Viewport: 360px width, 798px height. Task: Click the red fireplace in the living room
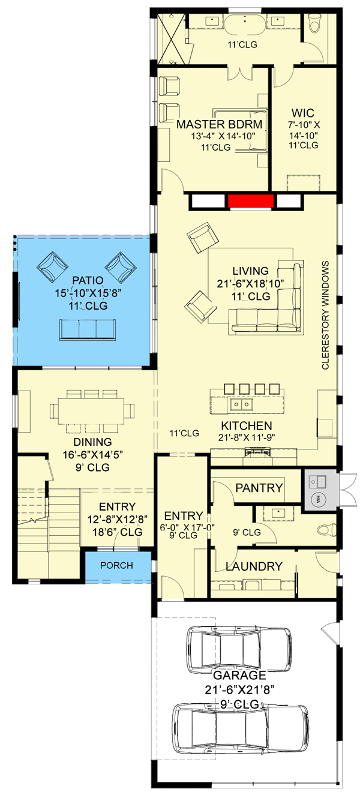pos(250,201)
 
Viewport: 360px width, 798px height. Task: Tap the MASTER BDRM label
pos(220,124)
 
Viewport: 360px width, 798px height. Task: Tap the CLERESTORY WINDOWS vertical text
pos(326,315)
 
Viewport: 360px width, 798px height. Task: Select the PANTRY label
pos(259,488)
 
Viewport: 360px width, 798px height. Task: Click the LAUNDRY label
pos(254,566)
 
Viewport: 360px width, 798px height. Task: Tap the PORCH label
pos(116,566)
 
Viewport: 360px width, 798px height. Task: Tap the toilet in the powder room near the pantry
pos(325,529)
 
